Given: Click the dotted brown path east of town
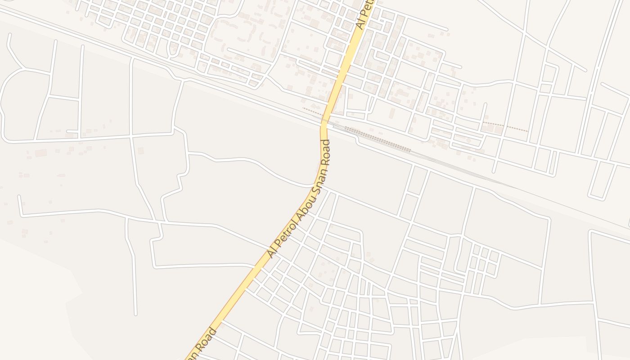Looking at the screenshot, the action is [505, 126].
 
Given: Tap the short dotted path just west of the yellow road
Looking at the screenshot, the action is [312, 111].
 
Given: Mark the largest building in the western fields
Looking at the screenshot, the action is [41, 153].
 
